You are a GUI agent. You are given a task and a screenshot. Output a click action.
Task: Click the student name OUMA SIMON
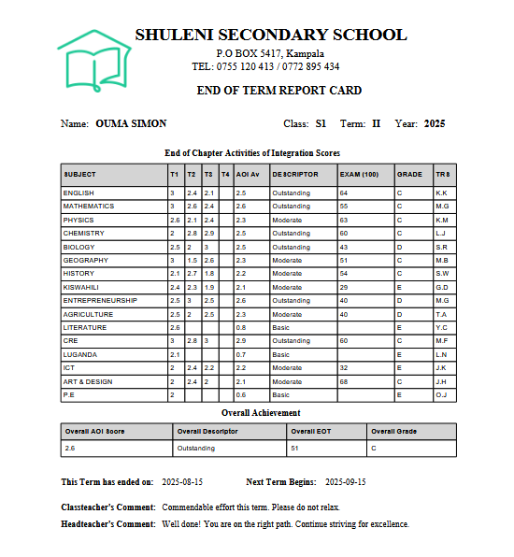pyautogui.click(x=131, y=123)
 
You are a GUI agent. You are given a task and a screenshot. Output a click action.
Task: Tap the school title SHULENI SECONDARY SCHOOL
pyautogui.click(x=271, y=36)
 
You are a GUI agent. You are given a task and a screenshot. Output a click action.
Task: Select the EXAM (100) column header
pyautogui.click(x=359, y=175)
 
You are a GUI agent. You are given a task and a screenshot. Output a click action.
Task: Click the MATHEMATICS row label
pyautogui.click(x=89, y=206)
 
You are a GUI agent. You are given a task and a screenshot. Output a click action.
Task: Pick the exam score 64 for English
pyautogui.click(x=344, y=193)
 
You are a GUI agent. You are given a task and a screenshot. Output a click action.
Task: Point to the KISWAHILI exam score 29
pyautogui.click(x=344, y=287)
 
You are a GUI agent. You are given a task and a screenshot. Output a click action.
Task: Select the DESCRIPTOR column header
pyautogui.click(x=295, y=175)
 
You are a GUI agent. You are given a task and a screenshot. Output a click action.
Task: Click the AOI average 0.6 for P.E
pyautogui.click(x=241, y=395)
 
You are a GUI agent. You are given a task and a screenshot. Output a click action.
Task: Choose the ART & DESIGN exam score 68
pyautogui.click(x=344, y=381)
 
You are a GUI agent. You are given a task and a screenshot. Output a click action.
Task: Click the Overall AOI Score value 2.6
pyautogui.click(x=70, y=449)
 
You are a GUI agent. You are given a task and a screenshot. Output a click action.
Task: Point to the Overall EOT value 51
pyautogui.click(x=295, y=449)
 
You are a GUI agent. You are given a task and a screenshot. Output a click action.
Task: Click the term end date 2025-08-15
pyautogui.click(x=182, y=481)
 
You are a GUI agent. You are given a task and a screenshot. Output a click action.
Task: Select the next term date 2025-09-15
pyautogui.click(x=345, y=481)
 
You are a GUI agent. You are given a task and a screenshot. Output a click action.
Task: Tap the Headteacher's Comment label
pyautogui.click(x=107, y=524)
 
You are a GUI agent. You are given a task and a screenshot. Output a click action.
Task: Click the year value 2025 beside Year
pyautogui.click(x=435, y=123)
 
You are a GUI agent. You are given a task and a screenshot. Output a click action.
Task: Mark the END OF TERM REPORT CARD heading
pyautogui.click(x=278, y=91)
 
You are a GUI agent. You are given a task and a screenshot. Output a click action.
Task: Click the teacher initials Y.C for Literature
pyautogui.click(x=441, y=328)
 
